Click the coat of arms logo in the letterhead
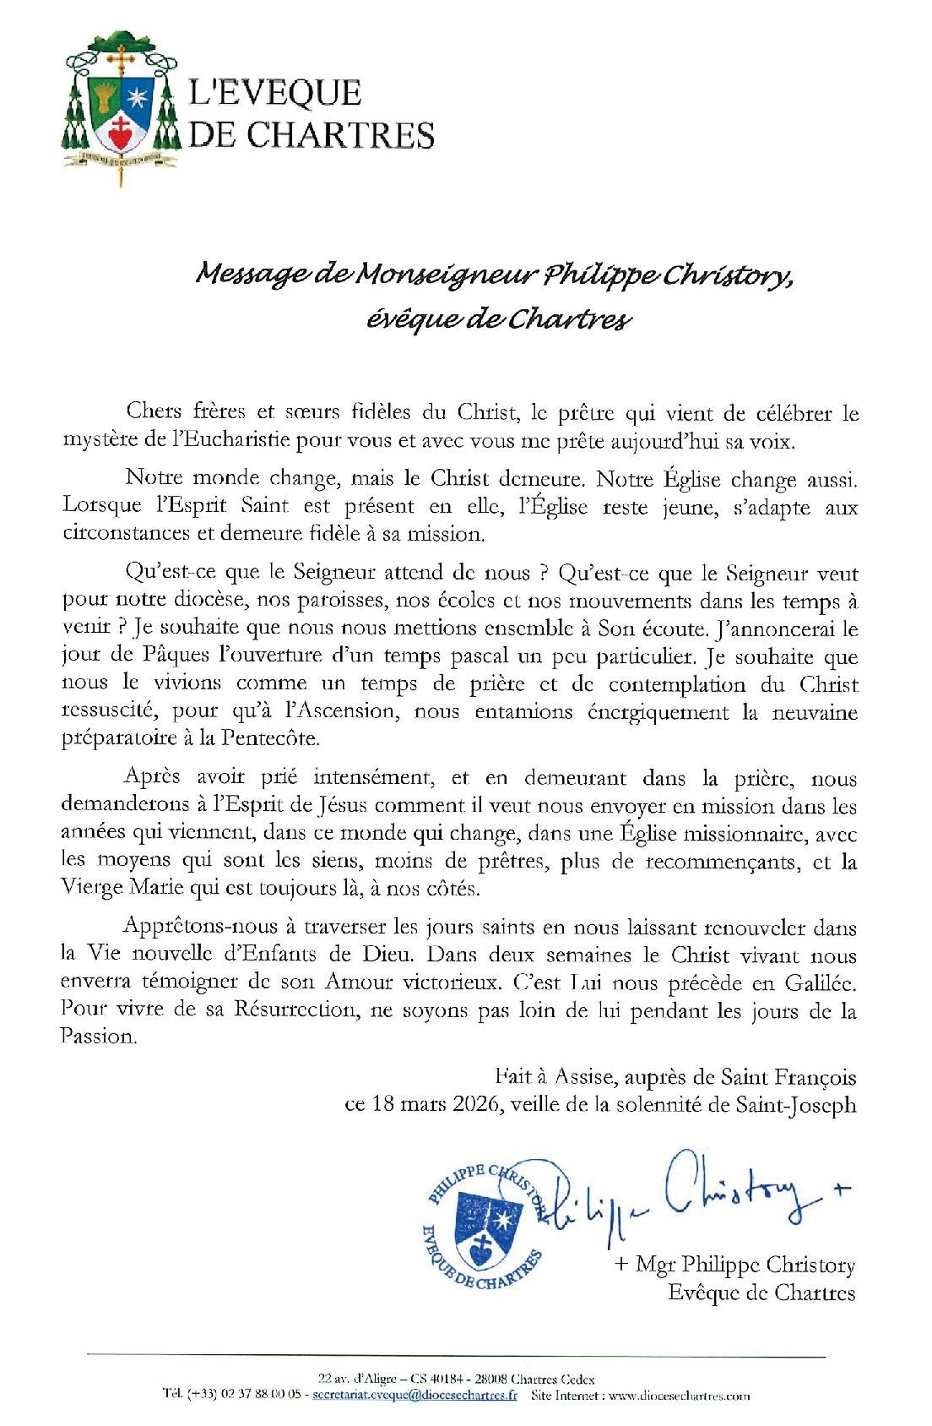tap(122, 105)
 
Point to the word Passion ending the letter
tap(98, 1037)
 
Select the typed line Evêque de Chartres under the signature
tap(761, 1293)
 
